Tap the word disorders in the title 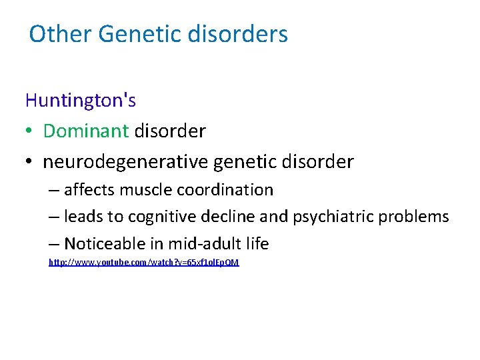click(x=239, y=34)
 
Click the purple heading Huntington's click(x=81, y=100)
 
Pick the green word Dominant click(x=85, y=131)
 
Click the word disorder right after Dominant click(x=170, y=131)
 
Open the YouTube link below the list click(x=143, y=263)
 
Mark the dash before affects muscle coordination click(x=54, y=191)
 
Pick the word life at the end click(x=257, y=244)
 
